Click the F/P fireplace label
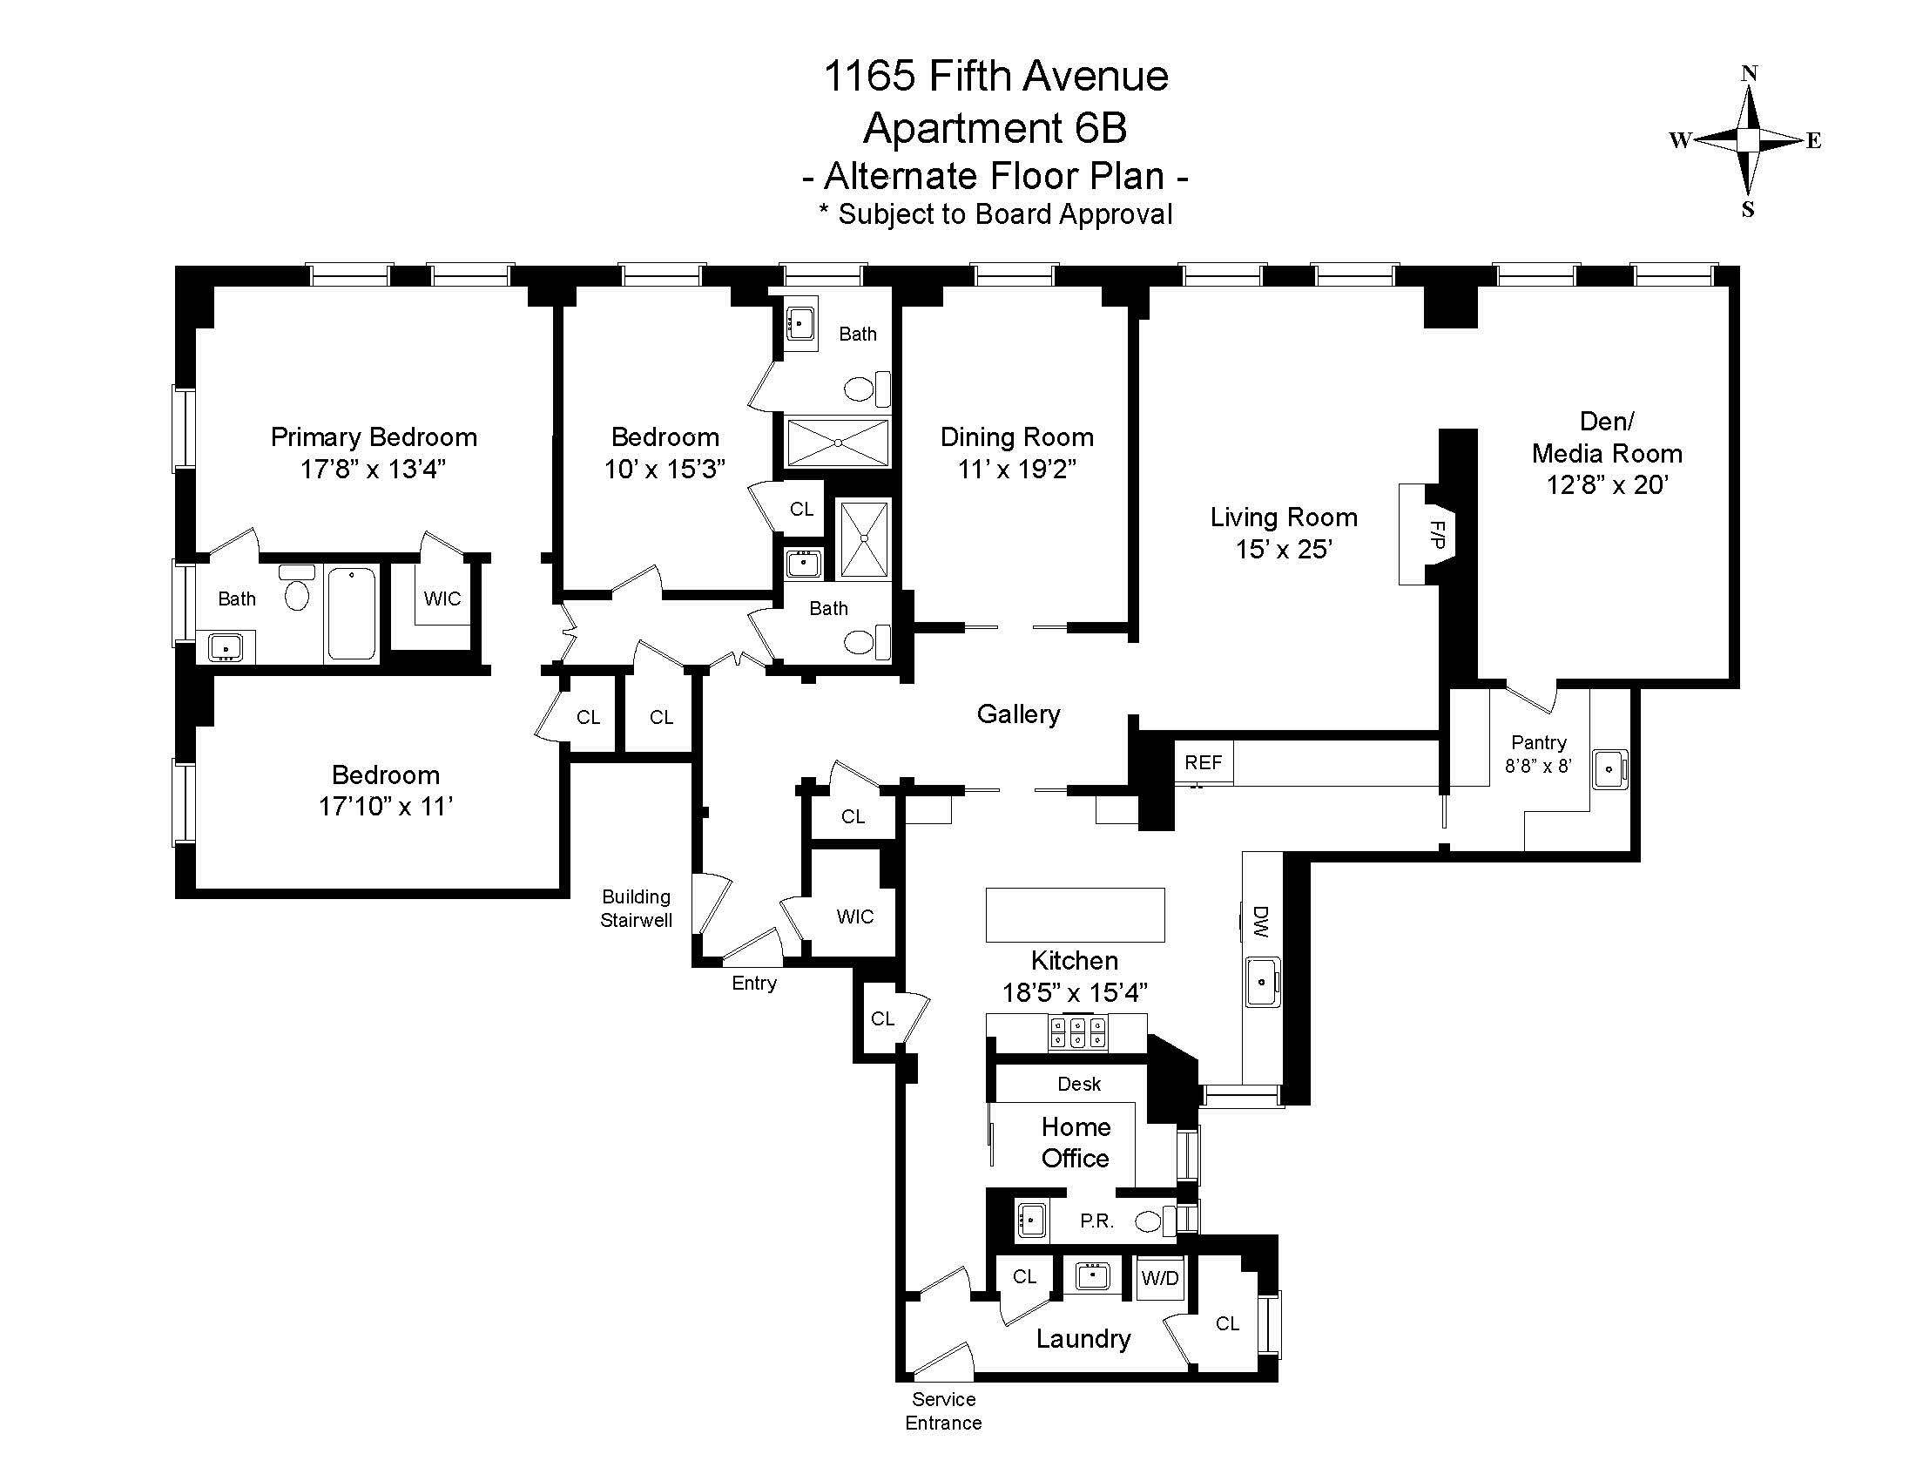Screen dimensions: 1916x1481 coord(1437,534)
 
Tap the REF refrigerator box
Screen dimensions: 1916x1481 coord(1203,762)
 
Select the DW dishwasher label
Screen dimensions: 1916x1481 coord(1261,922)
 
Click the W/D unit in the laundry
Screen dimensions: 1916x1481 coord(1160,1277)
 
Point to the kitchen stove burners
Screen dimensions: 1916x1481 coord(1077,1031)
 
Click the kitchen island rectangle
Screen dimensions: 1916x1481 coord(1075,915)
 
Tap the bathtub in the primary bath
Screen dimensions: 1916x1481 coord(352,612)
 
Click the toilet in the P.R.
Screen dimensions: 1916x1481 coord(1150,1221)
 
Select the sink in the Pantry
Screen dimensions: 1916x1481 coord(1609,769)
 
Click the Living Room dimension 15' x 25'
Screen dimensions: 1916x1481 coord(1285,549)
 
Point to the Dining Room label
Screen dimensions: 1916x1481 coord(1016,437)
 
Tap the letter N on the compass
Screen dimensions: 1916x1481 coord(1749,74)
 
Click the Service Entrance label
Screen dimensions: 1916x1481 coord(943,1410)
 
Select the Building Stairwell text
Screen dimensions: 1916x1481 coord(636,908)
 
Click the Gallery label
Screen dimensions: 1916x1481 coord(1017,714)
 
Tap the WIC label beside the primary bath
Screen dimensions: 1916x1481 coord(442,598)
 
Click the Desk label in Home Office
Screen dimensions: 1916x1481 coord(1079,1084)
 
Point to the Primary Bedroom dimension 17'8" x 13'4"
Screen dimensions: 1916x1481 coord(374,470)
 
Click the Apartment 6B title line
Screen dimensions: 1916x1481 coord(995,128)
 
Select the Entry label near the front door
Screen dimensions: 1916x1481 coord(753,983)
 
